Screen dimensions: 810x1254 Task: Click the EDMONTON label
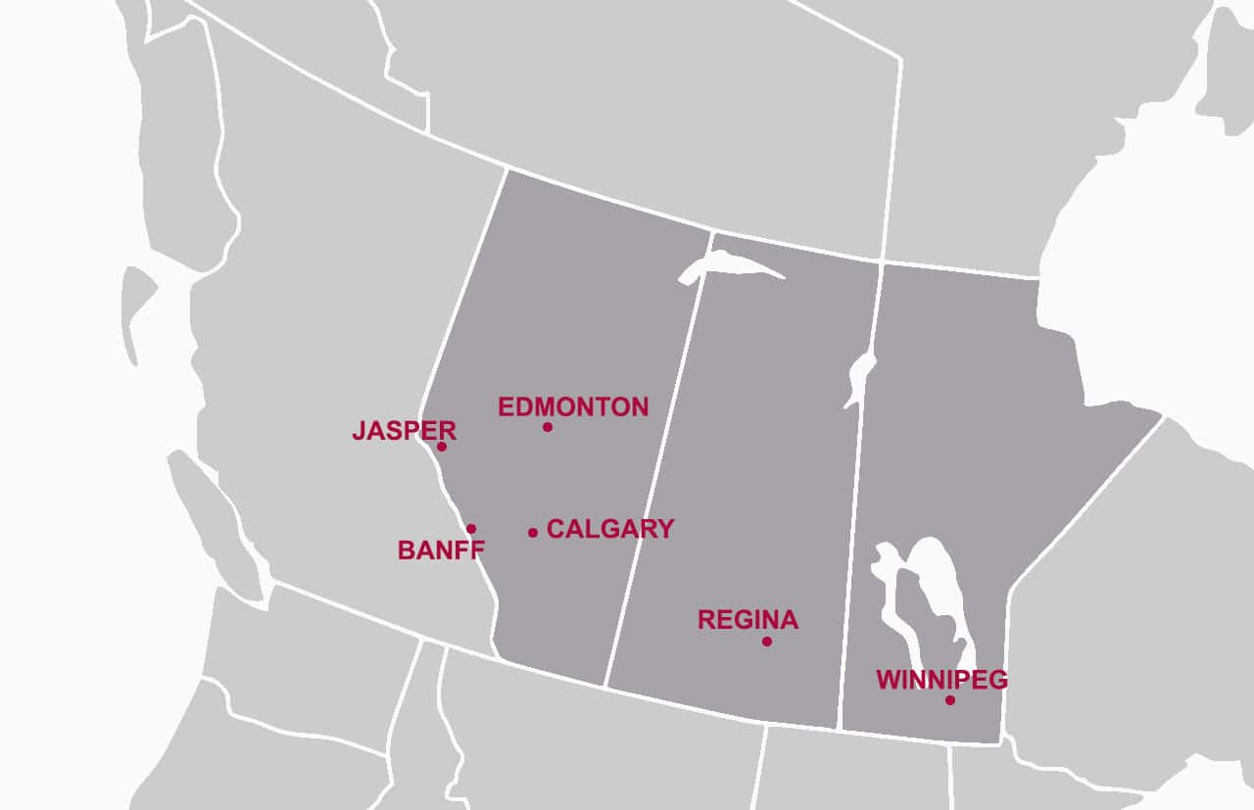pyautogui.click(x=573, y=406)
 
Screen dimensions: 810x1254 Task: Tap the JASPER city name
pyautogui.click(x=404, y=431)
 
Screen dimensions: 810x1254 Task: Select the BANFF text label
pyautogui.click(x=441, y=550)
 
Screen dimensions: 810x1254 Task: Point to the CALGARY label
pyautogui.click(x=609, y=529)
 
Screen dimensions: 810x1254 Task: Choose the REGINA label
pyautogui.click(x=748, y=620)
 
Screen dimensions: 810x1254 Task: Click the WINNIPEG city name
pyautogui.click(x=941, y=680)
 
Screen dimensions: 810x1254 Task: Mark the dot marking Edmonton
pyautogui.click(x=548, y=427)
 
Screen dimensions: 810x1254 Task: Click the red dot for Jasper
pyautogui.click(x=442, y=447)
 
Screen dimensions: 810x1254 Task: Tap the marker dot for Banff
pyautogui.click(x=471, y=529)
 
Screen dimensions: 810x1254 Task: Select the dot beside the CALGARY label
pyautogui.click(x=533, y=533)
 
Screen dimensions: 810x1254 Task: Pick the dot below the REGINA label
pyautogui.click(x=767, y=642)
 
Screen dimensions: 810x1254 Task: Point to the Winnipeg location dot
pyautogui.click(x=950, y=700)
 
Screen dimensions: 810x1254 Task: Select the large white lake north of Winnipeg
pyautogui.click(x=936, y=588)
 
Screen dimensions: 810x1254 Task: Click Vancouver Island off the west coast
pyautogui.click(x=211, y=519)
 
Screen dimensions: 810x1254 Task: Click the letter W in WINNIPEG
pyautogui.click(x=888, y=680)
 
